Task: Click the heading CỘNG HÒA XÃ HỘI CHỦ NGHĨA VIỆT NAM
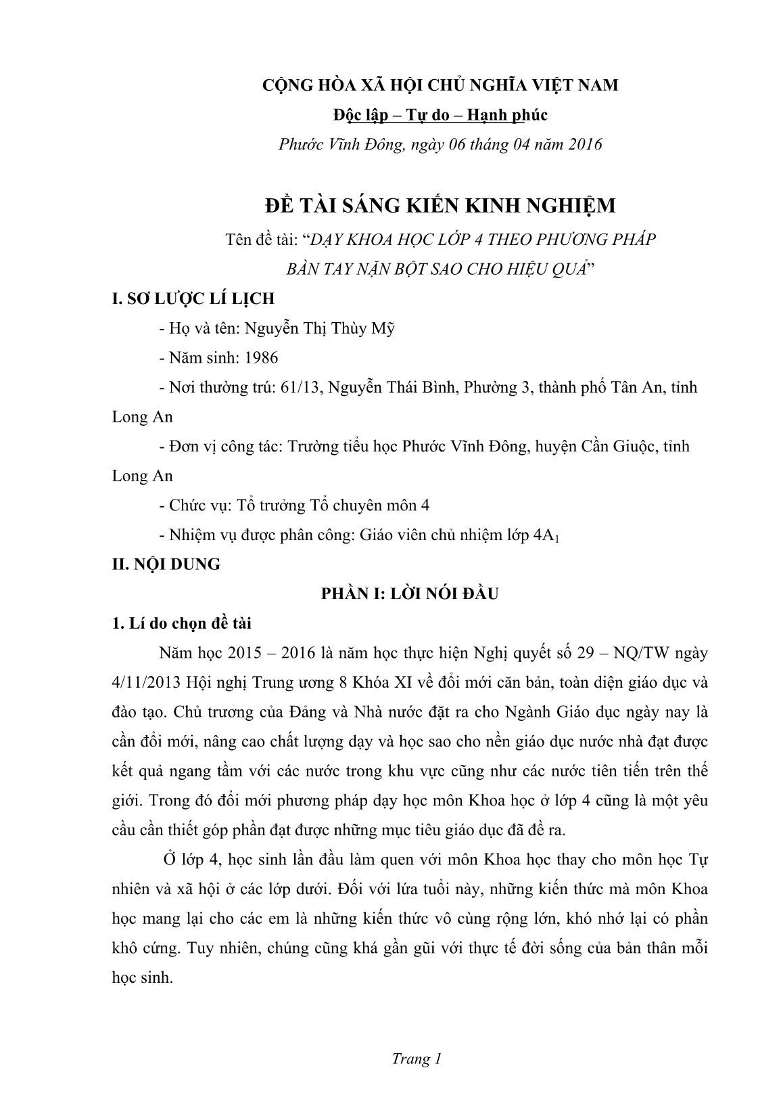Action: [x=441, y=85]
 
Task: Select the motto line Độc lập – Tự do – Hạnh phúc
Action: [x=441, y=114]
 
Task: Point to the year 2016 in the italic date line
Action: [x=582, y=144]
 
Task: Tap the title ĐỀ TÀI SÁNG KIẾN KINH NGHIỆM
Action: [x=440, y=204]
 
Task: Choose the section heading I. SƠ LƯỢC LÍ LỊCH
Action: [x=193, y=298]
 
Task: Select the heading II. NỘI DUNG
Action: [x=166, y=564]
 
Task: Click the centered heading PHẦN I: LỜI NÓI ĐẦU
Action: [x=410, y=594]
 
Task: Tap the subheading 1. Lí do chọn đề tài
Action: [x=182, y=623]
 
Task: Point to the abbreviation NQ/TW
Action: [x=646, y=652]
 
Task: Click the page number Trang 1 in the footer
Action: [x=417, y=1059]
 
